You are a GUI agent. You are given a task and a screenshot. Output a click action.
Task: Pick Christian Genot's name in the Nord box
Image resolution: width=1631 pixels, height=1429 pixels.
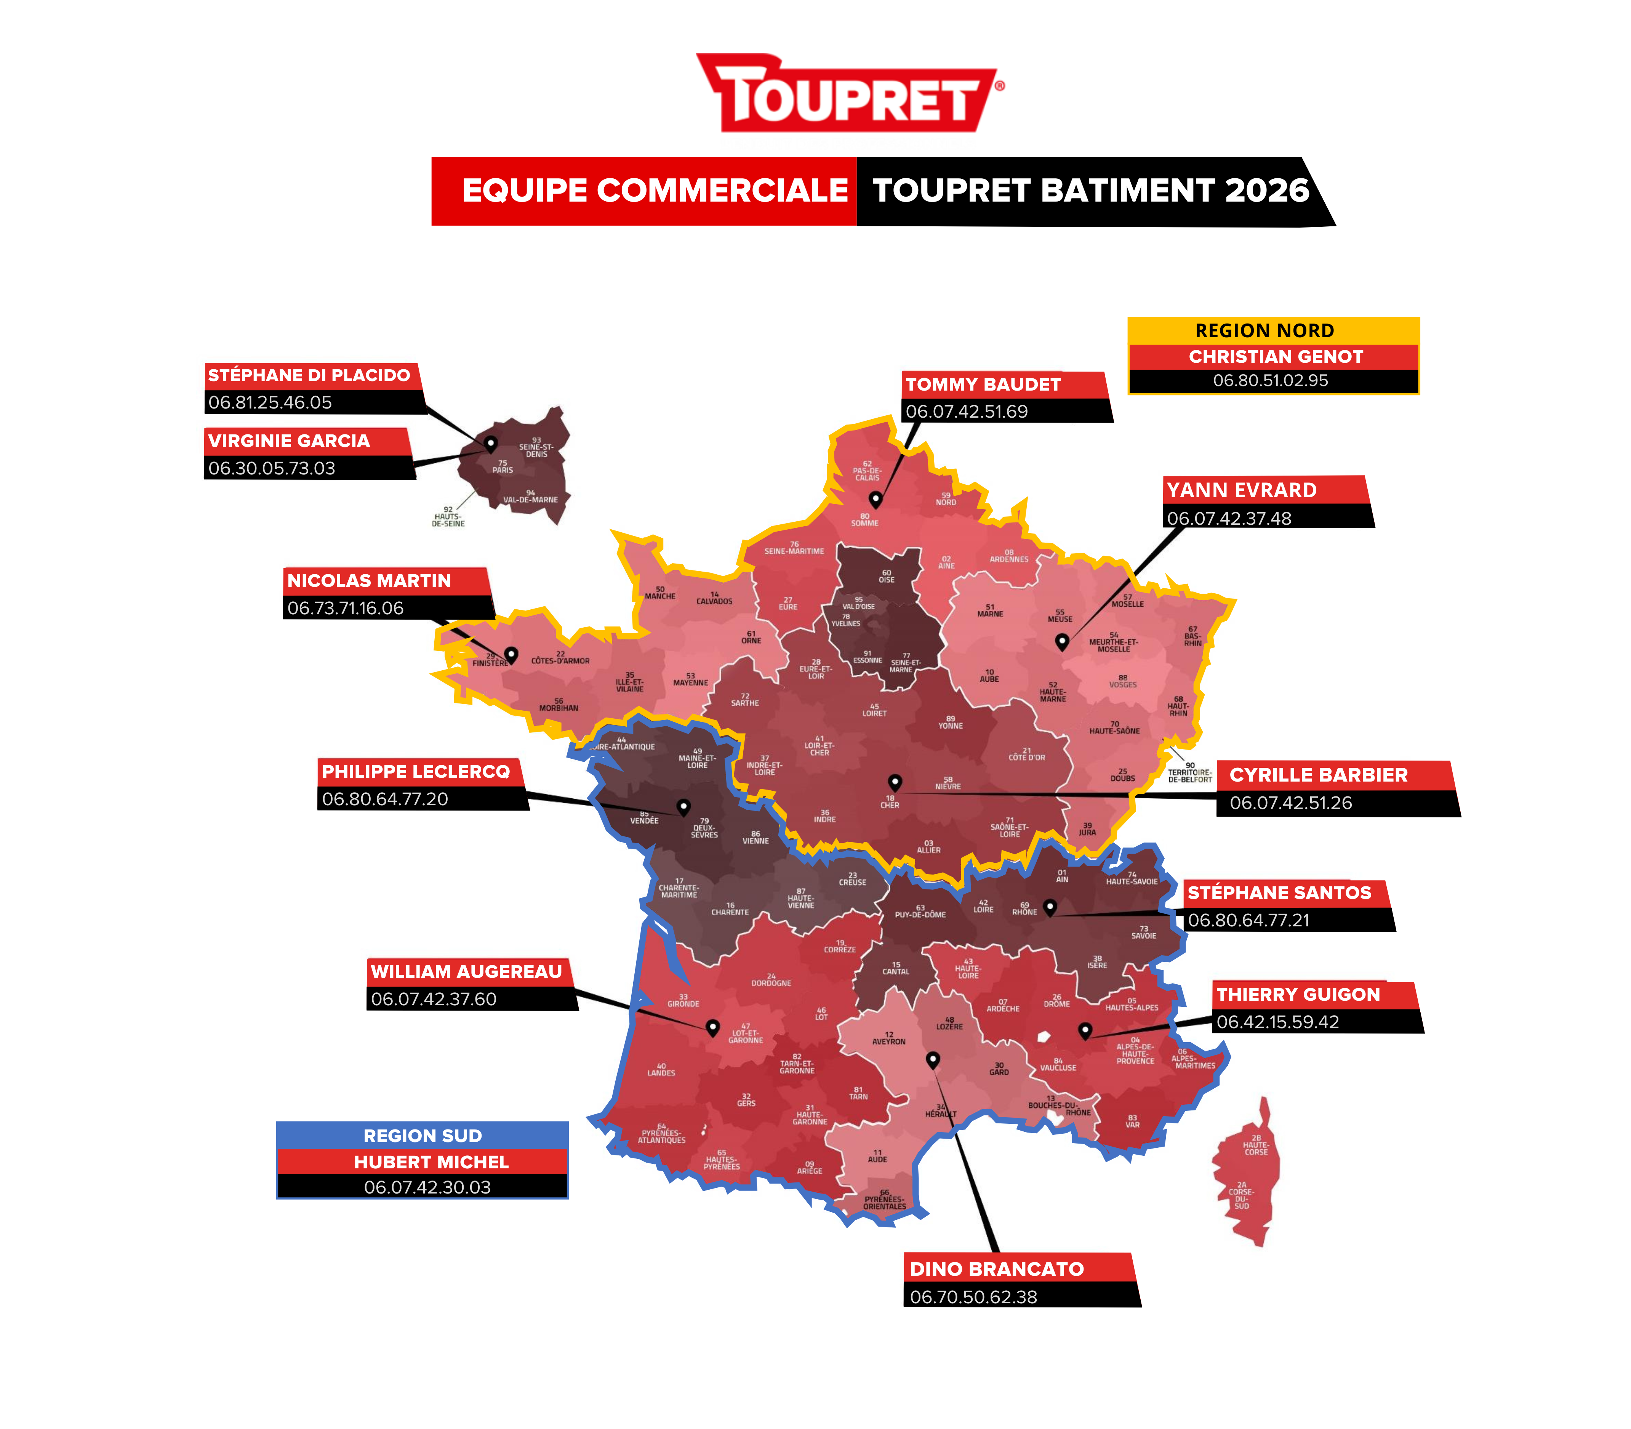[1276, 356]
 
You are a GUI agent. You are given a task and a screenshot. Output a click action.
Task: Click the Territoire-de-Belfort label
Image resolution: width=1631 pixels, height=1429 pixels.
[1189, 773]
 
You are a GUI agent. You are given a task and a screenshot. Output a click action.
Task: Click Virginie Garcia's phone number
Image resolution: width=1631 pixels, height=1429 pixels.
[272, 468]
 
